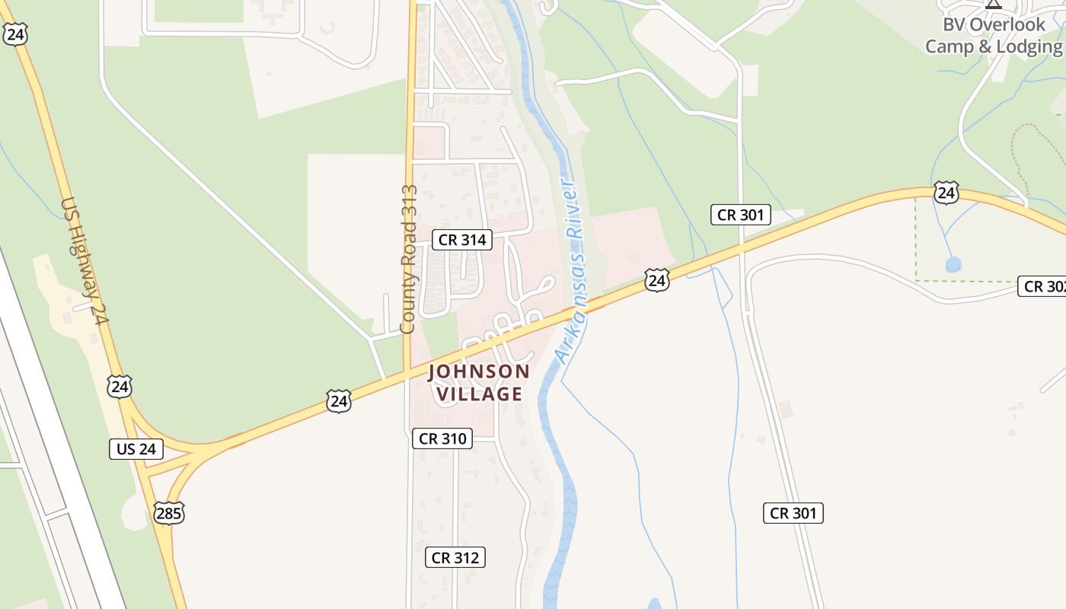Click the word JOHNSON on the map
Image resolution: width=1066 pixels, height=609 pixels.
(x=478, y=371)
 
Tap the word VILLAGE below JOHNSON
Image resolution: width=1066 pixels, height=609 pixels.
(x=479, y=394)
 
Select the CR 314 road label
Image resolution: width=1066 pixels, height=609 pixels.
(x=462, y=240)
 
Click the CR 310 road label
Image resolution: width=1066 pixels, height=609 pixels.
(x=442, y=438)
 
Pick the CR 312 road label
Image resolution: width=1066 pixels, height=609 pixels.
(x=455, y=558)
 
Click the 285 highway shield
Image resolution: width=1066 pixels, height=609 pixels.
(x=168, y=513)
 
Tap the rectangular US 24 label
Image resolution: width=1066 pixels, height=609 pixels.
(x=136, y=449)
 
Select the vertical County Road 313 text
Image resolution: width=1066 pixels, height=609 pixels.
(x=409, y=259)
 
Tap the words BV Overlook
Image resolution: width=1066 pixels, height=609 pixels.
(x=994, y=24)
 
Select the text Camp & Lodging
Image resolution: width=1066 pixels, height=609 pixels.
(x=993, y=47)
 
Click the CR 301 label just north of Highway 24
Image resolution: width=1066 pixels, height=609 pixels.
(x=741, y=215)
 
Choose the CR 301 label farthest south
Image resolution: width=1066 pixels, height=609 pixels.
(x=793, y=513)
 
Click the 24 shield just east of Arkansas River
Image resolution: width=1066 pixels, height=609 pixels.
(x=656, y=280)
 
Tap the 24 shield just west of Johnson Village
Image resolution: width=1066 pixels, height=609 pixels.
(x=339, y=400)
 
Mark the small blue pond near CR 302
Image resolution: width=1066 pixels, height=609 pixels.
(x=953, y=264)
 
